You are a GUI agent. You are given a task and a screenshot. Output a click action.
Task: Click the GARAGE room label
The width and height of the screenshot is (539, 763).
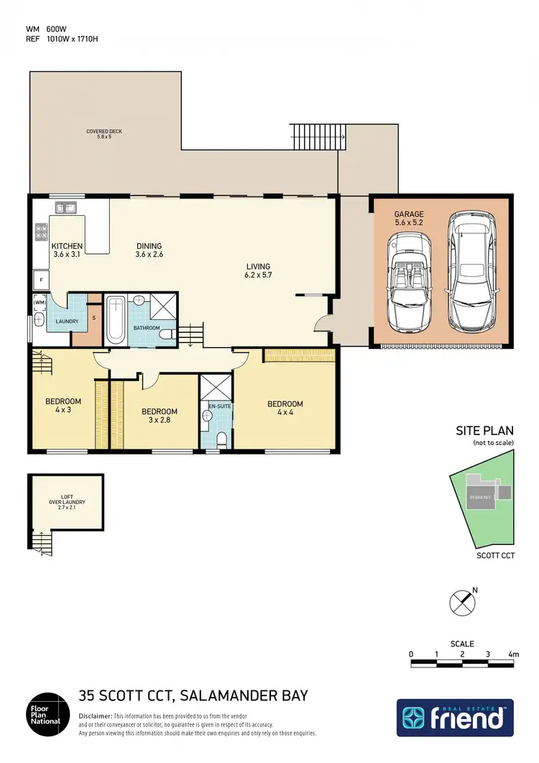[x=408, y=219]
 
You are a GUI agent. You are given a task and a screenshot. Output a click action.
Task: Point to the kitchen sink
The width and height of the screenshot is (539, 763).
[x=67, y=209]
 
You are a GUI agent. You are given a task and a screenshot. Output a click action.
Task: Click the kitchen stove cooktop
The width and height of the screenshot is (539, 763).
[x=42, y=232]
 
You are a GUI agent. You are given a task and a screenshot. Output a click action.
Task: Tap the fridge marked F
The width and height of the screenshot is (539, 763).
[x=42, y=279]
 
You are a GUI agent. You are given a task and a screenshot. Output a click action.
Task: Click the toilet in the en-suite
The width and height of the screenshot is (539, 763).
[x=222, y=438]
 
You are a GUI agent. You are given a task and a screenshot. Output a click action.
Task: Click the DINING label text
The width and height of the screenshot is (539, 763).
[x=149, y=250]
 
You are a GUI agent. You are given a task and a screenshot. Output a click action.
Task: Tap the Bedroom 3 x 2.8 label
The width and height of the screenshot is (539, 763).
[x=160, y=416]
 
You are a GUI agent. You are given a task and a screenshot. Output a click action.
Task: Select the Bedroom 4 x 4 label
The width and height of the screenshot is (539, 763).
[x=285, y=408]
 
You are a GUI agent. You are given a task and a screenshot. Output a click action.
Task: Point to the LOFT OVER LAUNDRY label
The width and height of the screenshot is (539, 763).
[x=67, y=501]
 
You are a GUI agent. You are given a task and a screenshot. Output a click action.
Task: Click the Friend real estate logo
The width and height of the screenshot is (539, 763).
[x=455, y=718]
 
